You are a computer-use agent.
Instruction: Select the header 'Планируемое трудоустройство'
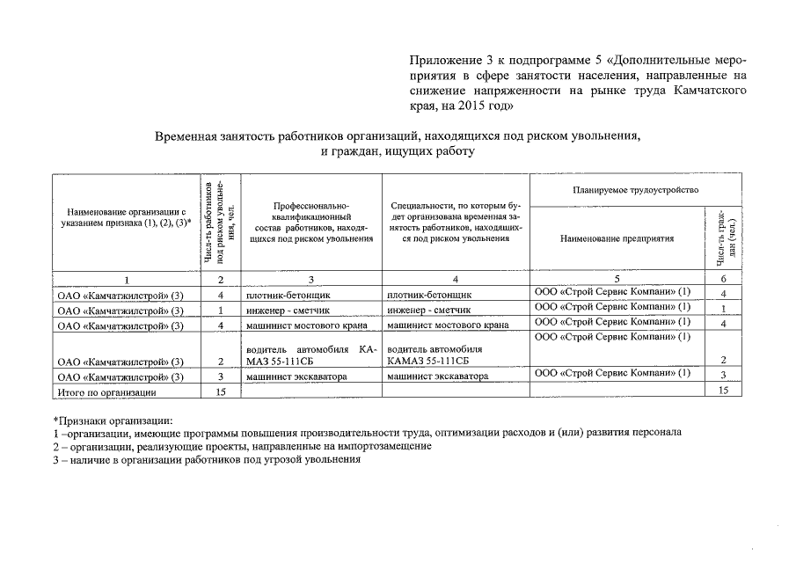pyautogui.click(x=634, y=190)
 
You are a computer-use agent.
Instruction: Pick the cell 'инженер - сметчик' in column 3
pyautogui.click(x=281, y=311)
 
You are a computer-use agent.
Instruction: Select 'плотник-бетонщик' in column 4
pyautogui.click(x=429, y=295)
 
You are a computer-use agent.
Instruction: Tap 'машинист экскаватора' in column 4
pyautogui.click(x=437, y=377)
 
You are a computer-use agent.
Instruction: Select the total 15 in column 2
pyautogui.click(x=220, y=392)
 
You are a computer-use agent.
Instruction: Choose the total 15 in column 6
pyautogui.click(x=723, y=391)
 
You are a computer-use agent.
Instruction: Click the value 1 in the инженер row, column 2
pyautogui.click(x=220, y=311)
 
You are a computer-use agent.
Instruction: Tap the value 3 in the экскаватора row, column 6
pyautogui.click(x=723, y=376)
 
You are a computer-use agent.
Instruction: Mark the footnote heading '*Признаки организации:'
pyautogui.click(x=113, y=419)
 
